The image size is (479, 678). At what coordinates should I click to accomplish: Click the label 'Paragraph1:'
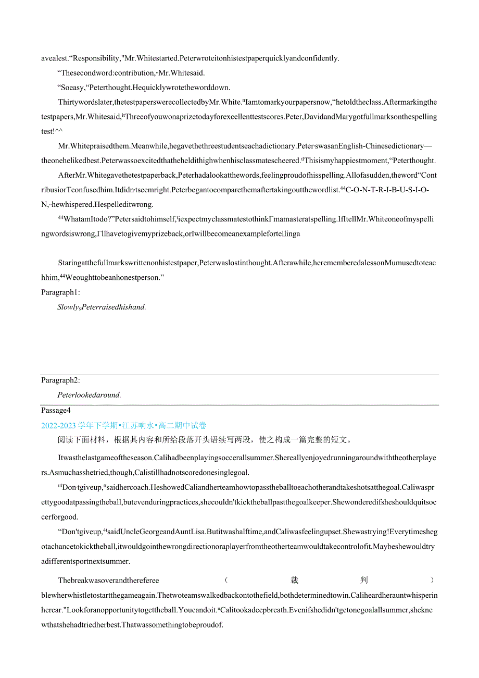[x=60, y=292]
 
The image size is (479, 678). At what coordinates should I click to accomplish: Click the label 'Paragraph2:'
[x=60, y=380]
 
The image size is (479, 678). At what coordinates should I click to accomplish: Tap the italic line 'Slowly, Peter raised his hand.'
[x=102, y=307]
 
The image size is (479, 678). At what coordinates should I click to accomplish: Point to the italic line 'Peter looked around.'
[x=89, y=395]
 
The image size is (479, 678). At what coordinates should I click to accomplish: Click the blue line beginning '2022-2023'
[x=124, y=426]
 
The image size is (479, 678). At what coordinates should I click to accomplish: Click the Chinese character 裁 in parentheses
[x=295, y=581]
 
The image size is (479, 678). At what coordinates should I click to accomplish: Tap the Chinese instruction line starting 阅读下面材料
[x=204, y=440]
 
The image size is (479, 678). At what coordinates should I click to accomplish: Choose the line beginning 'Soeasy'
[x=143, y=88]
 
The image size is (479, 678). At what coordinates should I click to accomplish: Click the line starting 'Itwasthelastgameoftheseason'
[x=247, y=458]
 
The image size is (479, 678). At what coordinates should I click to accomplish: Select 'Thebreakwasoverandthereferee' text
[x=108, y=581]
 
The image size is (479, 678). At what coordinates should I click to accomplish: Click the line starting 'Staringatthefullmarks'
[x=247, y=263]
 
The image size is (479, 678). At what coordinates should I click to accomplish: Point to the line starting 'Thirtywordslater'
[x=247, y=102]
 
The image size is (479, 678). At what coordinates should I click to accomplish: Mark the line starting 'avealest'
[x=190, y=58]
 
